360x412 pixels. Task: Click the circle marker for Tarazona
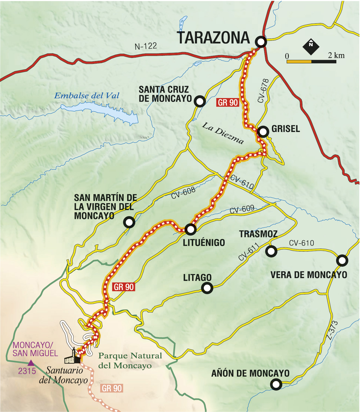click(261, 42)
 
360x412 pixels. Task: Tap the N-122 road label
click(146, 46)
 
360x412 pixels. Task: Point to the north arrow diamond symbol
click(311, 46)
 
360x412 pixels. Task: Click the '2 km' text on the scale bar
click(336, 55)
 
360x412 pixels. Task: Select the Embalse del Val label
click(87, 96)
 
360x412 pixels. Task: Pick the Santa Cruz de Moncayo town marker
click(200, 101)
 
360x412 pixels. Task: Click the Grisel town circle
click(263, 132)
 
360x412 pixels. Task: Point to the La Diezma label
click(223, 133)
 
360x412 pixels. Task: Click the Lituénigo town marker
click(190, 229)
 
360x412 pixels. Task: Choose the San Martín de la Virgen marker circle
click(129, 222)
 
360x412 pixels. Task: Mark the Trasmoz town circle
click(271, 251)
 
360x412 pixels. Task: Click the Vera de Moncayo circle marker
click(342, 260)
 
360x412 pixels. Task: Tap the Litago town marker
click(207, 288)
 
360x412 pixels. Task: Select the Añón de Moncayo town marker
click(276, 384)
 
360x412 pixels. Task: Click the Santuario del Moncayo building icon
click(73, 357)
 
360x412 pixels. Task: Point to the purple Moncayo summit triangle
click(31, 363)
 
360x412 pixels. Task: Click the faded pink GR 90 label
click(112, 388)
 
